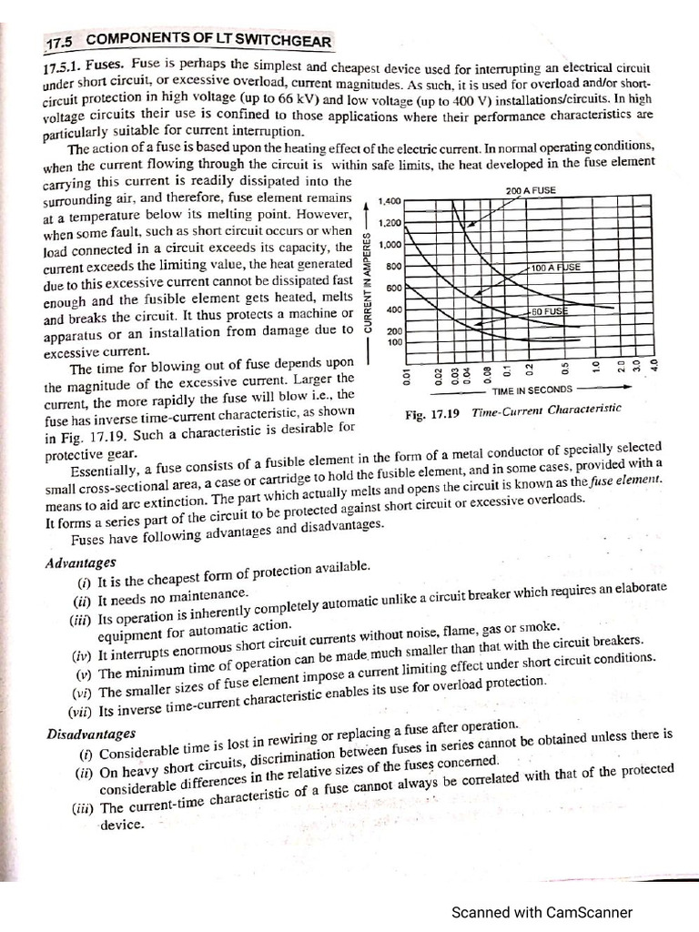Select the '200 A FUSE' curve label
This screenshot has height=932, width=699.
[530, 191]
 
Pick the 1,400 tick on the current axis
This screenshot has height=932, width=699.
[390, 200]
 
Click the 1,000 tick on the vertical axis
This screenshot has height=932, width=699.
[390, 245]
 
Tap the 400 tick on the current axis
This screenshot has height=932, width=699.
[394, 310]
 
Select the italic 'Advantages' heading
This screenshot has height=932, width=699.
[80, 562]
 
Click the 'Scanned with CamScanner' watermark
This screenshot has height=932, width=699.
[542, 912]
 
